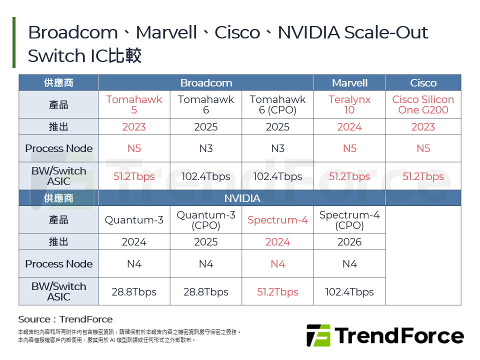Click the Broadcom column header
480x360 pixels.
point(206,83)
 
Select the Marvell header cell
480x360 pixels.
point(349,83)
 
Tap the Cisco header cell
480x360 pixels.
point(423,83)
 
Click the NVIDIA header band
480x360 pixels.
point(242,198)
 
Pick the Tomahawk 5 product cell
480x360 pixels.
point(134,104)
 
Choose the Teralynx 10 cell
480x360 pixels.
point(349,104)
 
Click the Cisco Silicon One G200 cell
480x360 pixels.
point(423,104)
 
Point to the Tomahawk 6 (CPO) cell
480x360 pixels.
point(277,104)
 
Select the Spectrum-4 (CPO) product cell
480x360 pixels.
point(349,220)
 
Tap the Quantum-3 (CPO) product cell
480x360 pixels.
point(206,220)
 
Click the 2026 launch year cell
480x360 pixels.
point(349,242)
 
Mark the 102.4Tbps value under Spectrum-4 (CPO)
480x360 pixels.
point(349,292)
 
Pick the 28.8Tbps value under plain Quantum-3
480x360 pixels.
point(134,292)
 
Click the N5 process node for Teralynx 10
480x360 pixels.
point(349,148)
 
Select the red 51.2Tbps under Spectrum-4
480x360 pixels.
point(277,292)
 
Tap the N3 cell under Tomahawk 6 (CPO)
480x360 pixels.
point(277,148)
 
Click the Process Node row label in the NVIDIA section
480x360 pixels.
point(59,264)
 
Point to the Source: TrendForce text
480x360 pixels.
point(65,319)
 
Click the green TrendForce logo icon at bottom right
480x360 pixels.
point(318,335)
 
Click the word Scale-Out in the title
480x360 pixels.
point(395,33)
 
